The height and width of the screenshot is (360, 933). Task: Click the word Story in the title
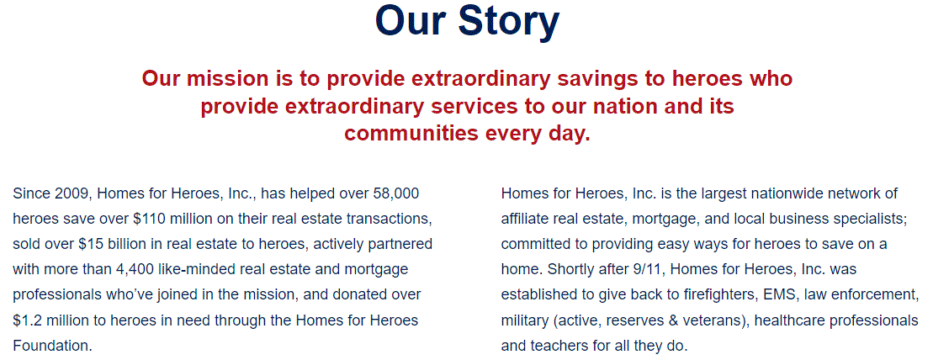coord(509,22)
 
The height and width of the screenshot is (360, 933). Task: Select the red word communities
coord(411,133)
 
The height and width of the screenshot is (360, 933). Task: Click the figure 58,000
coord(395,194)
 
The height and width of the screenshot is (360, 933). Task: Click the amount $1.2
coord(26,320)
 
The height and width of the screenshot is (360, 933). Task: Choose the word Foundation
coord(52,346)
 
